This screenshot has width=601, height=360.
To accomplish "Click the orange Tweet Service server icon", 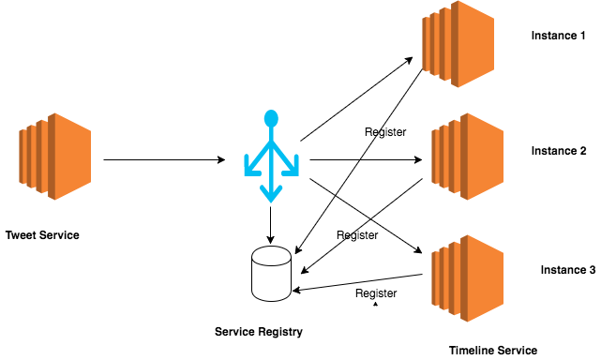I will pos(53,157).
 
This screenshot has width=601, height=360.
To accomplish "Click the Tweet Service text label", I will pos(42,234).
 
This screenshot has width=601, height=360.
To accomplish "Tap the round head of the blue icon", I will pos(271,119).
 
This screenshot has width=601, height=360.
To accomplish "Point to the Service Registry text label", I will pos(259,331).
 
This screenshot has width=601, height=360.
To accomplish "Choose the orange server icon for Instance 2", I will pos(467,157).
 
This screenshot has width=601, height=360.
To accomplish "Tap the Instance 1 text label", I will pos(559,36).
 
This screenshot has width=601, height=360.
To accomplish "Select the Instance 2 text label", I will pos(559,151).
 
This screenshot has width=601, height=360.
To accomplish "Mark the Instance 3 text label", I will pos(567,270).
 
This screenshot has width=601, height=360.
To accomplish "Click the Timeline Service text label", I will pos(493,350).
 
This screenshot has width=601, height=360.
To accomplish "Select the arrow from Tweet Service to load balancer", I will pos(164,160).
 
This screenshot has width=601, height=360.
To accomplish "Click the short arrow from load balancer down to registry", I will pos(271,225).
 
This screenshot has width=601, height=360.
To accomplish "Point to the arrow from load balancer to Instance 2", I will pos(366,160).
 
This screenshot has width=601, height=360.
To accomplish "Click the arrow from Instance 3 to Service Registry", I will pos(356,283).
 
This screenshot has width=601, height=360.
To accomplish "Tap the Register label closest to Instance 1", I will pos(385,132).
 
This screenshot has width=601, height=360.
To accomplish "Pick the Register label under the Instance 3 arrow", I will pos(376,293).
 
